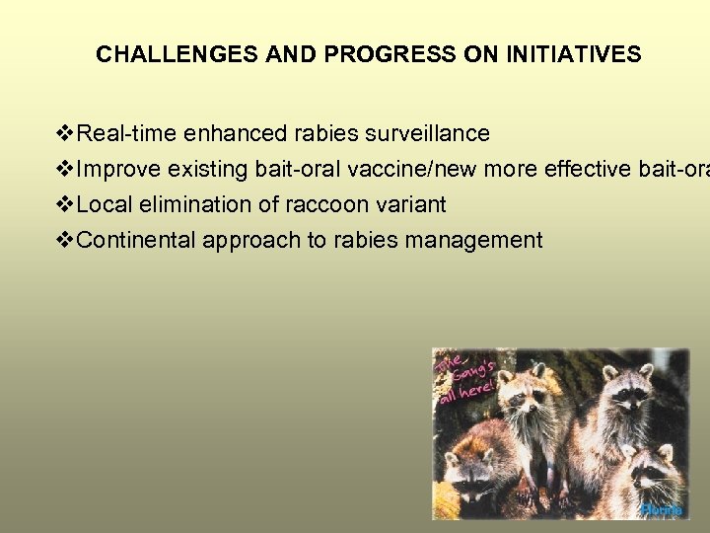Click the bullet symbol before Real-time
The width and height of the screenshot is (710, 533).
[x=66, y=133]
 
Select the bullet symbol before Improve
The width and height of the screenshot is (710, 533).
[x=66, y=169]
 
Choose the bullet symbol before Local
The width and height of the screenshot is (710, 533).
[x=66, y=204]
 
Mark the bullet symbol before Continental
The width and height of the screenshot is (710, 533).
[x=66, y=240]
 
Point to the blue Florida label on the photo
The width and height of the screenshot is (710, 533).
[x=661, y=509]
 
